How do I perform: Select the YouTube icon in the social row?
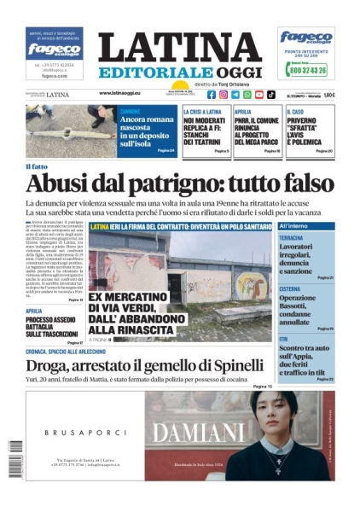259,95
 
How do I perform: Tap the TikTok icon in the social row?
271,95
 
